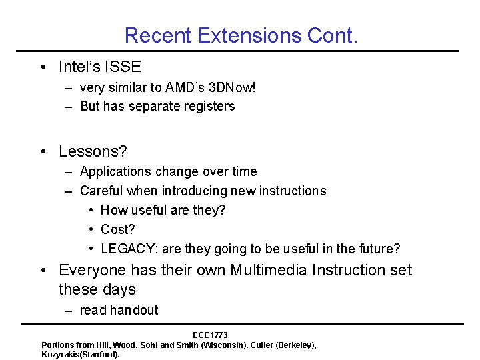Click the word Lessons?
93,152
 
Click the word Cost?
117,229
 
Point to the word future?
379,249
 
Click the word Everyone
92,270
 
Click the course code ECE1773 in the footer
210,335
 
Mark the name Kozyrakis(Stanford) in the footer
80,355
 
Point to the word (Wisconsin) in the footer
217,345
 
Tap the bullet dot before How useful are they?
90,210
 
